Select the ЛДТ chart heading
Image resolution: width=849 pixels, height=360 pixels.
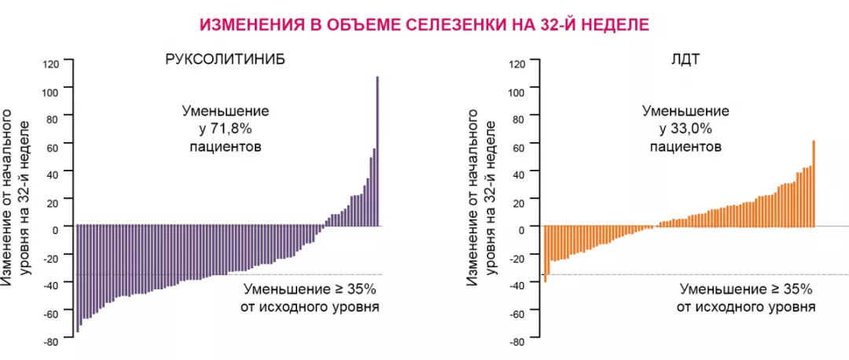pyautogui.click(x=685, y=61)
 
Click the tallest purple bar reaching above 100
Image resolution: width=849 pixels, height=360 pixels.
pyautogui.click(x=377, y=149)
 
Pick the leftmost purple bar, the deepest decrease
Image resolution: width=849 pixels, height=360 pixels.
pyautogui.click(x=77, y=278)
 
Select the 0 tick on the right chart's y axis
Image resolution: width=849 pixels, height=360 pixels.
pyautogui.click(x=520, y=230)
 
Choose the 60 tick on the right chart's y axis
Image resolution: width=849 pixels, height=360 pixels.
pyautogui.click(x=518, y=146)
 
